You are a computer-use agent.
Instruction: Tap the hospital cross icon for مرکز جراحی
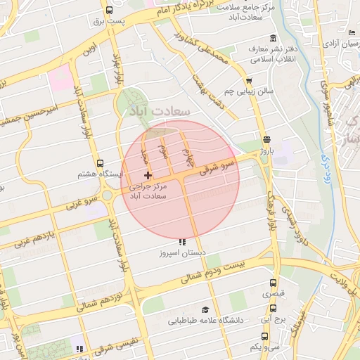(x=148, y=174)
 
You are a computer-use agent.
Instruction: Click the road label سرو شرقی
(x=216, y=167)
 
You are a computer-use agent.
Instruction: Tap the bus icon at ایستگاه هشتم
(x=99, y=162)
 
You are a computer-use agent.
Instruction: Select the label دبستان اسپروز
(x=183, y=251)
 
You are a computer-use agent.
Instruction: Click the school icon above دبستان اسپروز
(x=183, y=241)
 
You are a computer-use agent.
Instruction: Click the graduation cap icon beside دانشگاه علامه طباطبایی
(x=205, y=309)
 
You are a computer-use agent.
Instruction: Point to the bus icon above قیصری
(x=274, y=283)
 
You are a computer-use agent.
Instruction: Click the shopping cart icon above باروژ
(x=266, y=139)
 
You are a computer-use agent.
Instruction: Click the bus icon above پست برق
(x=109, y=11)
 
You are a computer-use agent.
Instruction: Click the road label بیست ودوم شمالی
(x=214, y=272)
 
